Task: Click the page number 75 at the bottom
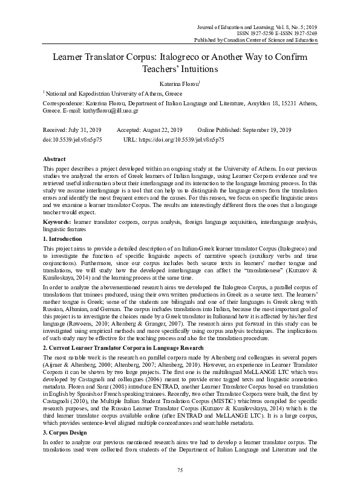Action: [x=180, y=470]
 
